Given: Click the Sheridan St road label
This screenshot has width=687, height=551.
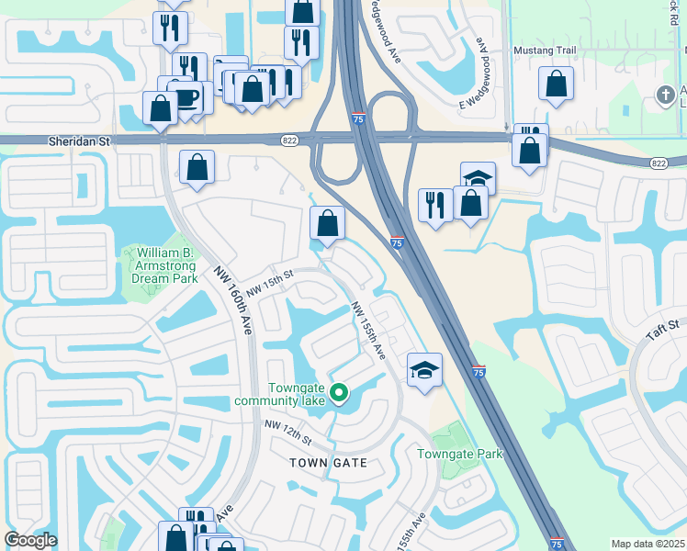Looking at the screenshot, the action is tap(79, 141).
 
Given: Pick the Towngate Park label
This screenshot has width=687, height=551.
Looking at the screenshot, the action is tap(460, 454).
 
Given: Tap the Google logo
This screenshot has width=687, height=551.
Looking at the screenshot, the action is tap(30, 541).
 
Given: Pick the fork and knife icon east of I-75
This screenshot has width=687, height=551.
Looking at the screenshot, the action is tap(435, 204).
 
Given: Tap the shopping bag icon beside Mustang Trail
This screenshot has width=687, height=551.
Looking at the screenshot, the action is tap(557, 84).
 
